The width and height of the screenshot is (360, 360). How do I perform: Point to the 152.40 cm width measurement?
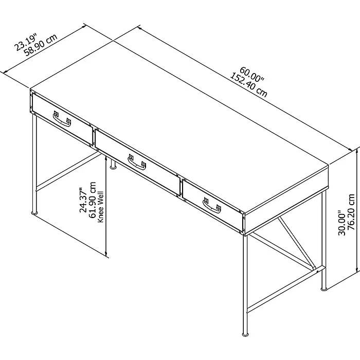coord(249,85)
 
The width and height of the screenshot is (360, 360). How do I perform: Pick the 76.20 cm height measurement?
coord(352,214)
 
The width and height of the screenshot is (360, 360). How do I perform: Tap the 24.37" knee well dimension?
coord(83,200)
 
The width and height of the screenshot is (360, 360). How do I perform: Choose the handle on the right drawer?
coord(212,206)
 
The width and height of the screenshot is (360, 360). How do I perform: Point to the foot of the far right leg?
coord(323,288)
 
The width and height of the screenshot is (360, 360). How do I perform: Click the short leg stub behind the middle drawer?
coord(112,163)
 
